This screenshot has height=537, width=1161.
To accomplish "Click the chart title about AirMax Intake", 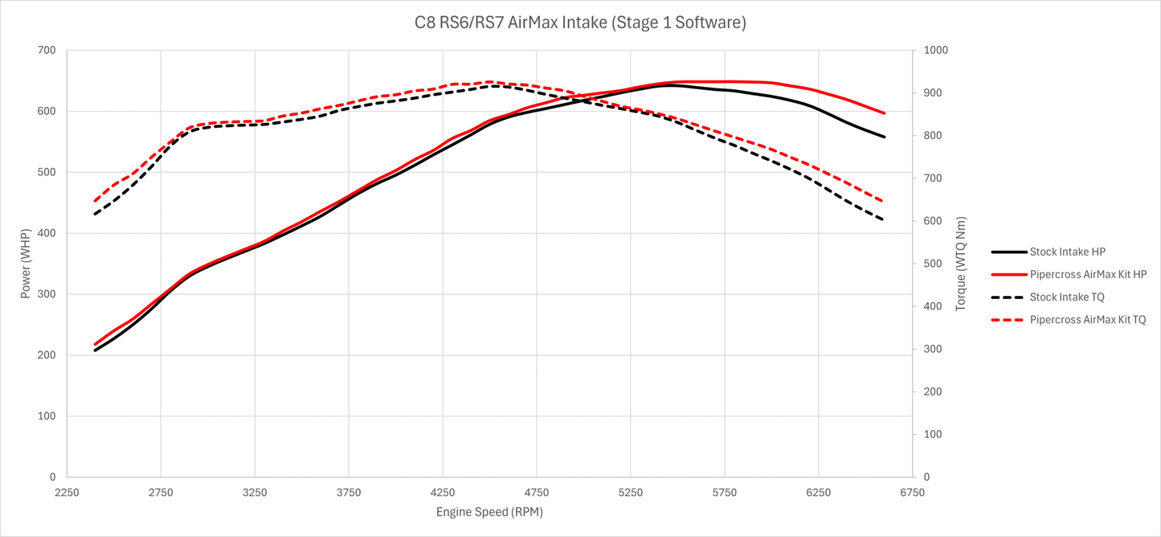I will point(580,23).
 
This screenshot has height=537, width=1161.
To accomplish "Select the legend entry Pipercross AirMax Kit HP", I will point(1088,274).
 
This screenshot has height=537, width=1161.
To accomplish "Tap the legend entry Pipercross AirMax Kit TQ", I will point(1087,319).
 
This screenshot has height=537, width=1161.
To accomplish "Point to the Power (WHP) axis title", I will point(25,263).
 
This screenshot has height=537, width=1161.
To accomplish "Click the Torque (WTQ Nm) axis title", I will point(961,264).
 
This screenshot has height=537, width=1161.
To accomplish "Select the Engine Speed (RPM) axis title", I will point(489,511).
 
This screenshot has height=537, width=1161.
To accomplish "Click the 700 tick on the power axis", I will point(47,51).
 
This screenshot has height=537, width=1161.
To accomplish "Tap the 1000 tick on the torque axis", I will point(936,51).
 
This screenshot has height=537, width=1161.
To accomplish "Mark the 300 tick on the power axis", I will point(47,294).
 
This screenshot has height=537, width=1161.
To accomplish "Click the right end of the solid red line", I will point(885,113).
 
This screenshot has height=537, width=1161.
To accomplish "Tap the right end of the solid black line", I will point(885,137).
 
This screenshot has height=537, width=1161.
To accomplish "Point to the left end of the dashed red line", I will point(95,201).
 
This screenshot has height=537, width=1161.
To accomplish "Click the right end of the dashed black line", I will point(885,220).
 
